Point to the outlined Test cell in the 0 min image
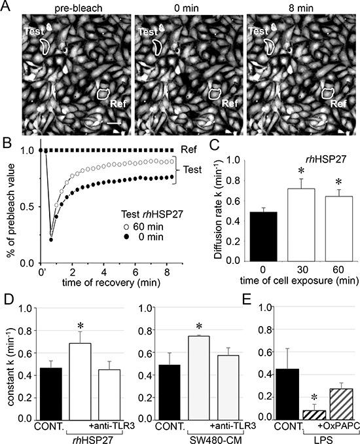pos(158,46)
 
